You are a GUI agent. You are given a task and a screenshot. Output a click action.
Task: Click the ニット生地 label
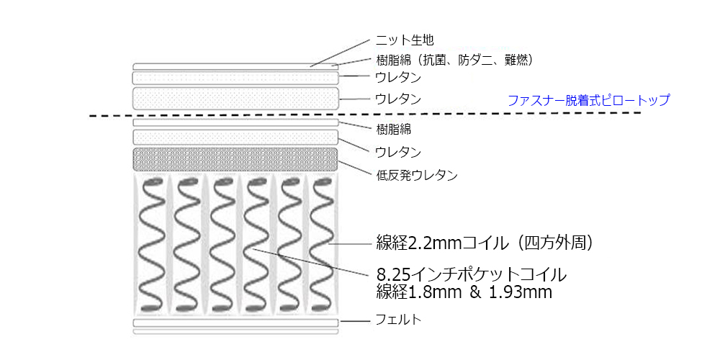(x=405, y=40)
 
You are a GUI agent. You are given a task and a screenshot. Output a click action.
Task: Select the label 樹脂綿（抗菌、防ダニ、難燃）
(x=454, y=59)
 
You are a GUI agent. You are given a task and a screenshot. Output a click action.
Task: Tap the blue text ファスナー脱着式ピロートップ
(x=588, y=100)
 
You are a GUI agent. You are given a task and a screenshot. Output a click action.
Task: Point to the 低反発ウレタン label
(x=417, y=175)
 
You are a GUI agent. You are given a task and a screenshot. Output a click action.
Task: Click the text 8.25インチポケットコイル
(x=472, y=274)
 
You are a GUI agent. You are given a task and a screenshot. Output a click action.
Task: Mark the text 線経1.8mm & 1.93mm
(x=464, y=292)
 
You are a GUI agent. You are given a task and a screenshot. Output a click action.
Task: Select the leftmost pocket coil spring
(x=152, y=245)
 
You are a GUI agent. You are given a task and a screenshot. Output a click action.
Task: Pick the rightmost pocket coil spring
(x=321, y=245)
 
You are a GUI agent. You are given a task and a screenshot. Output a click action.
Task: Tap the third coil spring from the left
(x=221, y=245)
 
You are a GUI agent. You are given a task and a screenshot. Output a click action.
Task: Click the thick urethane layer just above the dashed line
(x=235, y=97)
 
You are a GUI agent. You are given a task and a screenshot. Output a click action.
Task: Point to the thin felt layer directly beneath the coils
(x=235, y=322)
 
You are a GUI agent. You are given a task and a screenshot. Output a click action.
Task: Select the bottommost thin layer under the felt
(x=235, y=332)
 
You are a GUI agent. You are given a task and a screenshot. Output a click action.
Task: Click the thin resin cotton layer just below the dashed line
(x=235, y=123)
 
